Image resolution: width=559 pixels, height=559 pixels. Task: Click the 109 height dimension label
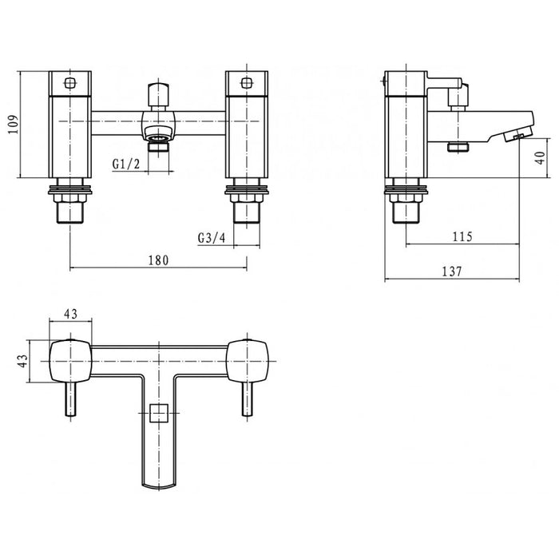14,124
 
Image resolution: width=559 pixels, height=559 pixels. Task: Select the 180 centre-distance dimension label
158,260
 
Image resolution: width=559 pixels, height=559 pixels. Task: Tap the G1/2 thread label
126,165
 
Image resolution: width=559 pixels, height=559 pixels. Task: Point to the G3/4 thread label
212,238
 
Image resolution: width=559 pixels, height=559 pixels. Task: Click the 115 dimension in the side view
462,236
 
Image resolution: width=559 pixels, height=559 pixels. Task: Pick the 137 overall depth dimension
452,272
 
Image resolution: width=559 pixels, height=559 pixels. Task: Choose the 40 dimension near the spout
541,157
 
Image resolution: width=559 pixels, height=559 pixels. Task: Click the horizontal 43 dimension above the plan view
70,314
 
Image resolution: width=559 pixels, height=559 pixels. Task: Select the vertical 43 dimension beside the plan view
22,361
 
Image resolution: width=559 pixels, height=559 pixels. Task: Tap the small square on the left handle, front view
70,83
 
